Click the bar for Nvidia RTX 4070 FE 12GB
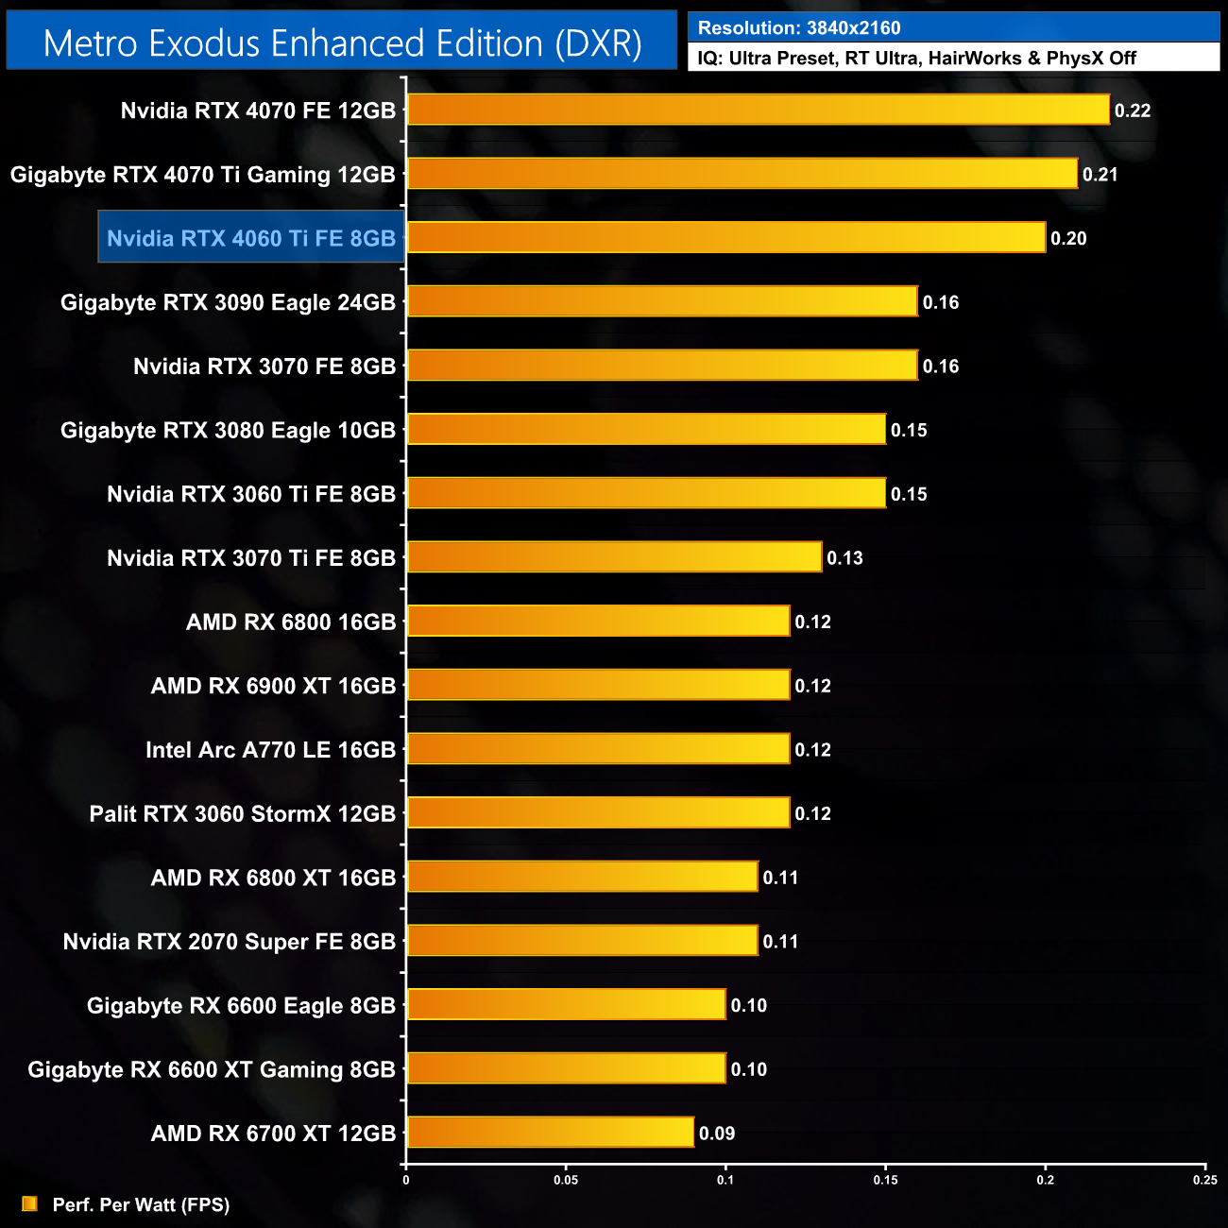758,110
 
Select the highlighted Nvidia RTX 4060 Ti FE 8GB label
251,238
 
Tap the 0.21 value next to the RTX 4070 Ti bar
1100,175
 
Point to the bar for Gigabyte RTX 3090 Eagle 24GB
661,301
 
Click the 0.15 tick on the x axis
886,1180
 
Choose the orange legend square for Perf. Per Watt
30,1203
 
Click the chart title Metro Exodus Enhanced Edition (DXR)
342,43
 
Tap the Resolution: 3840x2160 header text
799,28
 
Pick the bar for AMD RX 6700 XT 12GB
550,1132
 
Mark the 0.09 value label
717,1134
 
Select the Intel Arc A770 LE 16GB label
270,750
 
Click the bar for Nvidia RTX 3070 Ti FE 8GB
614,557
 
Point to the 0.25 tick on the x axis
1205,1180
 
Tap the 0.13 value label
844,558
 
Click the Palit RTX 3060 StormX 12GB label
242,814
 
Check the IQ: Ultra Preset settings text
916,59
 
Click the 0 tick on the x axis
406,1180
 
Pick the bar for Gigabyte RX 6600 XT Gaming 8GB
566,1068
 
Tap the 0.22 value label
1133,111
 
